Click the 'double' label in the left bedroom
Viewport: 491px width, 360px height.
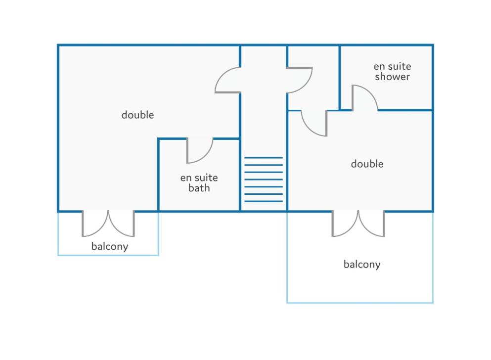(137, 115)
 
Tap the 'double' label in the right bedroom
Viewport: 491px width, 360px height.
(367, 164)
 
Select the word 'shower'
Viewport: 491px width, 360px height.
(393, 77)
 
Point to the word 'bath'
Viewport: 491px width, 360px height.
(199, 188)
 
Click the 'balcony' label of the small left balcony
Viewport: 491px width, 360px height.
(110, 246)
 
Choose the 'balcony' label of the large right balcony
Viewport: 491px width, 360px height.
(362, 264)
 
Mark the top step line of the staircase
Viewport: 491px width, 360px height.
(264, 157)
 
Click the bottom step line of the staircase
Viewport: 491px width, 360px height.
(264, 201)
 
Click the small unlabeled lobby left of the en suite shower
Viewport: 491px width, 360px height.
(313, 78)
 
